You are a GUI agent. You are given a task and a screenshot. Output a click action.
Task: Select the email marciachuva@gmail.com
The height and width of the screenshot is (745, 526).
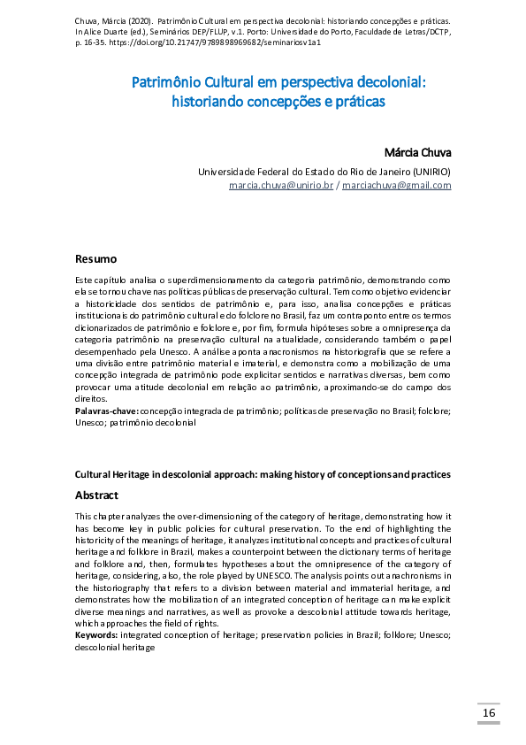(397, 185)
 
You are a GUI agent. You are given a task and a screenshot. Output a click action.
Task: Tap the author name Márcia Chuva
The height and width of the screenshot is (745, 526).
(418, 152)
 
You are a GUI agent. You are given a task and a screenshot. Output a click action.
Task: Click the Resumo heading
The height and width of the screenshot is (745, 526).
(95, 259)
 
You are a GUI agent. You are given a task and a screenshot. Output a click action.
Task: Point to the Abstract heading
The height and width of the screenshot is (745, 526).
(96, 495)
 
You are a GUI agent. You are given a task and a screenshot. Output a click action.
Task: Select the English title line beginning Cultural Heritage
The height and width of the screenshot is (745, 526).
(263, 474)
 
